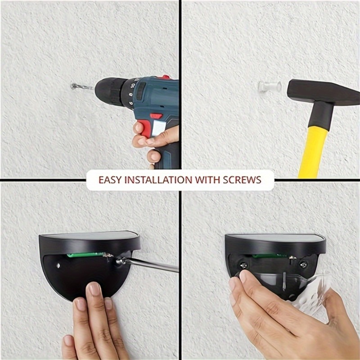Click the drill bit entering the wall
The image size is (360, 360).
(82, 87)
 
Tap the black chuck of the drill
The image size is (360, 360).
(111, 91)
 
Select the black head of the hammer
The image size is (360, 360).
(323, 92)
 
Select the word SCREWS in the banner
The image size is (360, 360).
(242, 180)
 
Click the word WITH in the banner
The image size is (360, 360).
(207, 180)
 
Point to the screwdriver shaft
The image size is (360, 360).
(152, 265)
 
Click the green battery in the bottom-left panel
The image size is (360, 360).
(85, 255)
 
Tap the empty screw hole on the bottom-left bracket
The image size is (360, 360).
(58, 266)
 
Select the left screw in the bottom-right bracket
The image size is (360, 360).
(243, 265)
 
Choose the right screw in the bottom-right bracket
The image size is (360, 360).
(303, 265)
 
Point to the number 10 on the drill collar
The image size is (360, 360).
(132, 85)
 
